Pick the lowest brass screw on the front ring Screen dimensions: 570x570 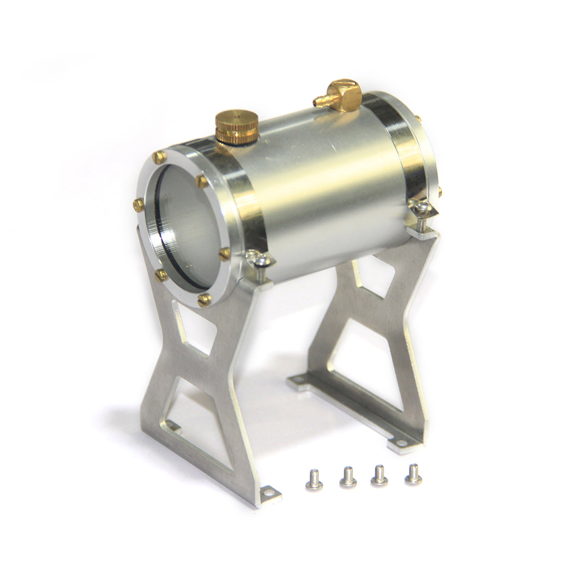point(204,298)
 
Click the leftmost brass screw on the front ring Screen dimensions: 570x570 point(138,205)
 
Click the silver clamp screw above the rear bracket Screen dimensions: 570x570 point(421,209)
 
